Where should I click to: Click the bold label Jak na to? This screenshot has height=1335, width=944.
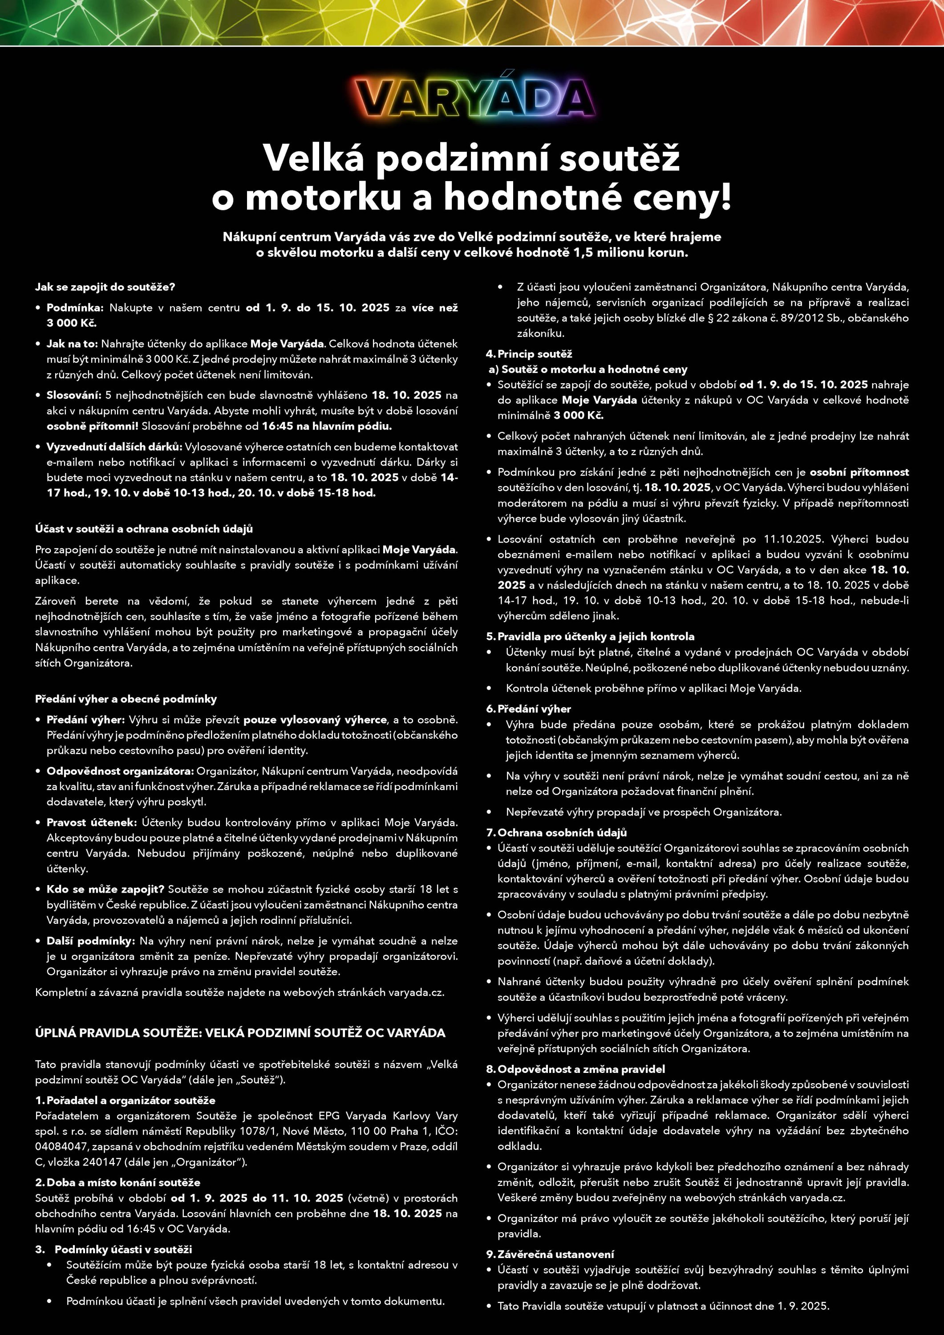72,344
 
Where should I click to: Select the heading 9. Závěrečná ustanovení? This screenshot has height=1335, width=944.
550,1254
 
